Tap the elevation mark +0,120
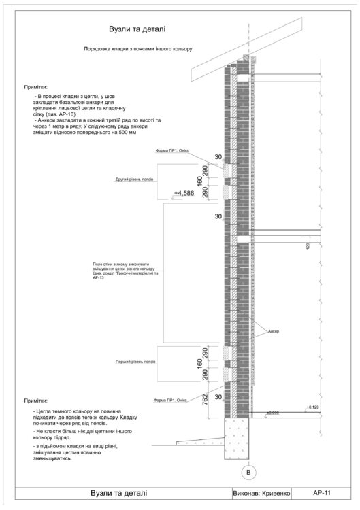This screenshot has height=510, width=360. point(312,407)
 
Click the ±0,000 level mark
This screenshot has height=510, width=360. point(273,412)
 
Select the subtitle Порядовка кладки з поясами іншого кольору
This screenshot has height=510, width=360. point(138,50)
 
